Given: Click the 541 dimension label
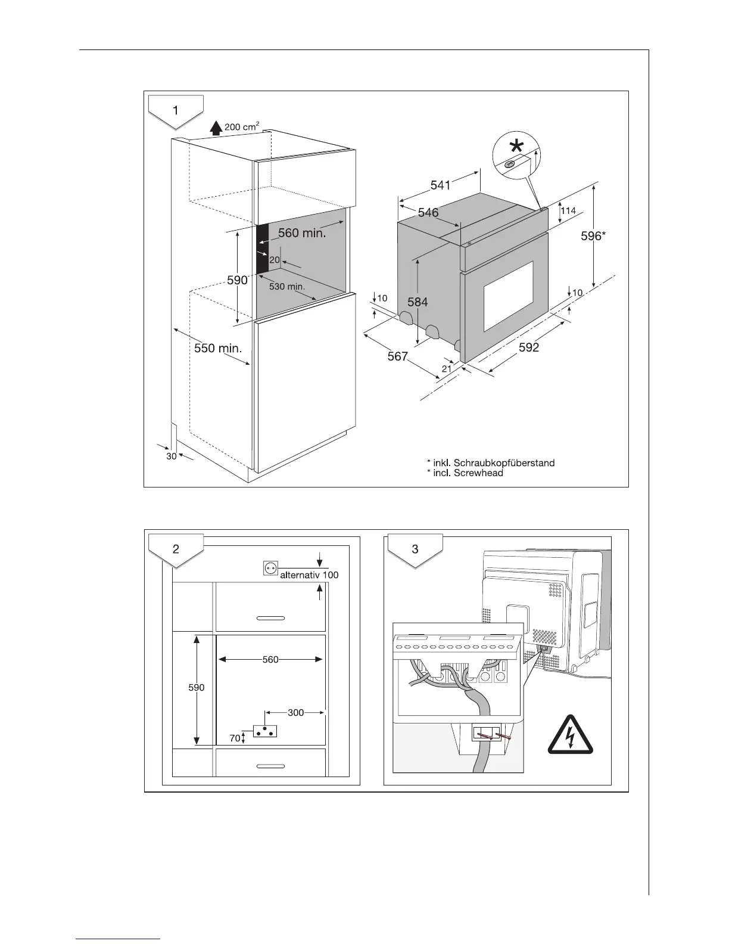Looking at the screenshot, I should [x=440, y=185].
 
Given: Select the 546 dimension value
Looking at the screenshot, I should [x=428, y=212].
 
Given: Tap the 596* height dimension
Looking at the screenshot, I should [x=593, y=237].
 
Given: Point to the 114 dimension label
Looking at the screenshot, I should [x=568, y=210].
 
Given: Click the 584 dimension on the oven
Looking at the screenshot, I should [x=418, y=302].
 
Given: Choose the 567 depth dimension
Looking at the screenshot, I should [x=397, y=356].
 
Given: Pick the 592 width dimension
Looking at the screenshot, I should [x=529, y=347].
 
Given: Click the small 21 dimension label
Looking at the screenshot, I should [x=447, y=369].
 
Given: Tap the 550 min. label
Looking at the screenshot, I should [x=218, y=348].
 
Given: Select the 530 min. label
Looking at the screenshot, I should [x=286, y=287].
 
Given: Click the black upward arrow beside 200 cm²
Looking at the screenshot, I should [x=216, y=128].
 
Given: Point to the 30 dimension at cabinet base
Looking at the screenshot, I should [x=172, y=456].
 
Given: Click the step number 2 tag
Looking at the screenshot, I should [x=176, y=549].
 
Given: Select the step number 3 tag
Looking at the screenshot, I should [x=415, y=549].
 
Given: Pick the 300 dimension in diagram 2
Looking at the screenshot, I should [x=296, y=712].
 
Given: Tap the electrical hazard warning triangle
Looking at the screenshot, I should [x=571, y=734].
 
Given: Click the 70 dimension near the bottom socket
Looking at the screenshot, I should [x=235, y=738].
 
